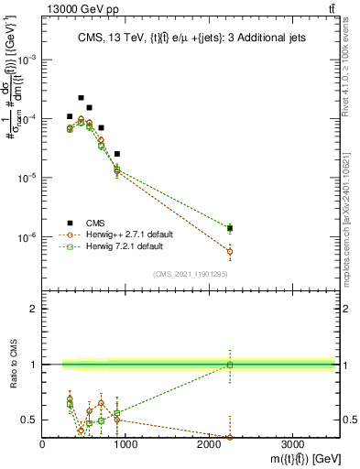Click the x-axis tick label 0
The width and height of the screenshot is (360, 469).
[x=43, y=444]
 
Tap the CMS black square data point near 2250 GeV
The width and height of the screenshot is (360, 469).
[x=230, y=227]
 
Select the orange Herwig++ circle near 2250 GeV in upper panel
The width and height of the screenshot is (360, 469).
[x=230, y=251]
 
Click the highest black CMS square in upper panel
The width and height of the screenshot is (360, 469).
[x=81, y=97]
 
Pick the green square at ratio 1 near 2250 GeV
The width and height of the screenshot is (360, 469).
[x=230, y=365]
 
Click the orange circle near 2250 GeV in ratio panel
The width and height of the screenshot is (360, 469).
[x=230, y=437]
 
